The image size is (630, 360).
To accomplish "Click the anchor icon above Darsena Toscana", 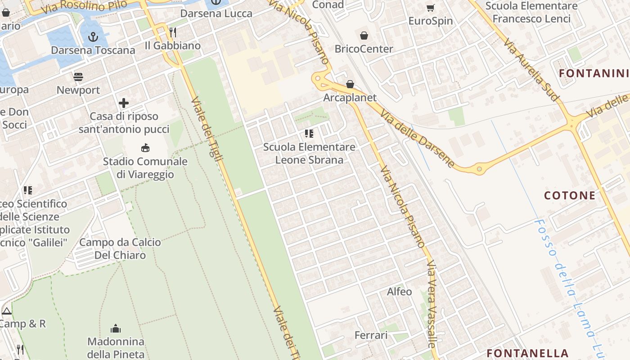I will (93, 37).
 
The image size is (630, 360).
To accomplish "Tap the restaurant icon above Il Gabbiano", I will (172, 32).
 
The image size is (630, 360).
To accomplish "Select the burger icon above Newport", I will (78, 76).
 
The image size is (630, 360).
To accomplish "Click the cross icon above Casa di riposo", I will (124, 103).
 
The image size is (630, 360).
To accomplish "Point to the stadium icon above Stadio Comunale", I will (145, 148).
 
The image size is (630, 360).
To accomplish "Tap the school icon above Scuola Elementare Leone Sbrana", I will (309, 133).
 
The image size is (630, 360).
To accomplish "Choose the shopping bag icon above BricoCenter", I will (364, 35).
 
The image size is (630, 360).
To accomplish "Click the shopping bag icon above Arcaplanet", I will (350, 84).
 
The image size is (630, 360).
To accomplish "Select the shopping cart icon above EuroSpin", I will (430, 8).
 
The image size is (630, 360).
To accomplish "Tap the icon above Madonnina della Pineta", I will (116, 328).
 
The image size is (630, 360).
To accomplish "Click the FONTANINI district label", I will (593, 73).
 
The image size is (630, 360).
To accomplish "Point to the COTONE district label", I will (570, 195).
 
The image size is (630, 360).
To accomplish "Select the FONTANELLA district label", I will (527, 353).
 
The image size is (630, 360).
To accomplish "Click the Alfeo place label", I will (399, 292).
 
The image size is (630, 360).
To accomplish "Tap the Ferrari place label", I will (371, 335).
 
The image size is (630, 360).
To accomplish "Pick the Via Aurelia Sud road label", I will (531, 69).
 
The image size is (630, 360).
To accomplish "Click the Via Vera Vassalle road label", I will (432, 304).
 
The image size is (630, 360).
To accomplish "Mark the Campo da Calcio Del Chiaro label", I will (120, 248).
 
